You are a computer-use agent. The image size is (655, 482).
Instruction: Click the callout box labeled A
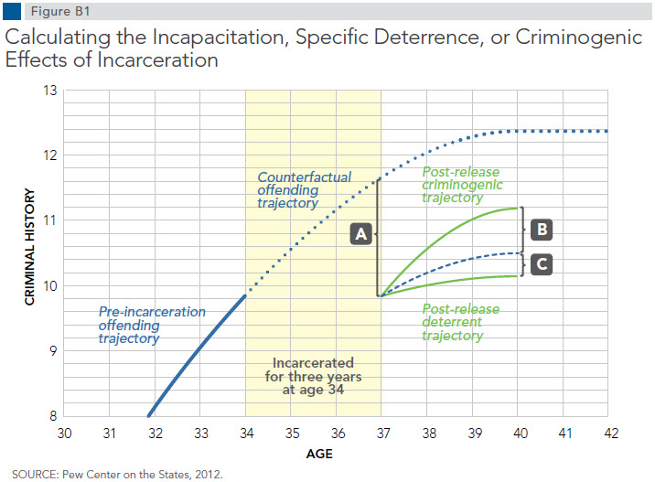click(361, 233)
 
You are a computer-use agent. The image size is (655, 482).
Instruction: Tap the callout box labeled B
click(542, 230)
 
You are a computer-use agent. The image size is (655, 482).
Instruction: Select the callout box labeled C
click(542, 264)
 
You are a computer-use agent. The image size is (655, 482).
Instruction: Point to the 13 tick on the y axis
click(50, 91)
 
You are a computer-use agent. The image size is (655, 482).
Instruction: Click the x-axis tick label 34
click(246, 434)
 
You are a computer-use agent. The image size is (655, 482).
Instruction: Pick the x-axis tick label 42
click(611, 434)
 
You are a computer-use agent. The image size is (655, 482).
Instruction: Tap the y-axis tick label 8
click(53, 416)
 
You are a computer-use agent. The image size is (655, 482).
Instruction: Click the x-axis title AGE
click(319, 454)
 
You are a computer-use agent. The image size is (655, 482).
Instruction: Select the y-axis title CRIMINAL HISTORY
click(29, 247)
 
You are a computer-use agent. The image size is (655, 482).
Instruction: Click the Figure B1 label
click(60, 11)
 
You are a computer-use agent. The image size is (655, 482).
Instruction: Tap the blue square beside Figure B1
click(12, 11)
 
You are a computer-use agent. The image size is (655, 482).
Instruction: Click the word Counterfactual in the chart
click(305, 177)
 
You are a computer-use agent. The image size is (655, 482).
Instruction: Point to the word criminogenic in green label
click(462, 185)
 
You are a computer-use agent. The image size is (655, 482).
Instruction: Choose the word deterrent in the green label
click(452, 322)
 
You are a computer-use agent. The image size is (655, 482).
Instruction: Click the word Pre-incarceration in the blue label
click(152, 312)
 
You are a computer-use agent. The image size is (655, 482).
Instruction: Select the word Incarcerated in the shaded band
click(313, 362)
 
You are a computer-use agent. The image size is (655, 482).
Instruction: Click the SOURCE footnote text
click(117, 475)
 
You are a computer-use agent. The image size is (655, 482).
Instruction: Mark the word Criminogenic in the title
click(578, 37)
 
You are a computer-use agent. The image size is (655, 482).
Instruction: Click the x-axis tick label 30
click(64, 434)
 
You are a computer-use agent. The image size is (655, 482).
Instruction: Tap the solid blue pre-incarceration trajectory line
click(197, 356)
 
